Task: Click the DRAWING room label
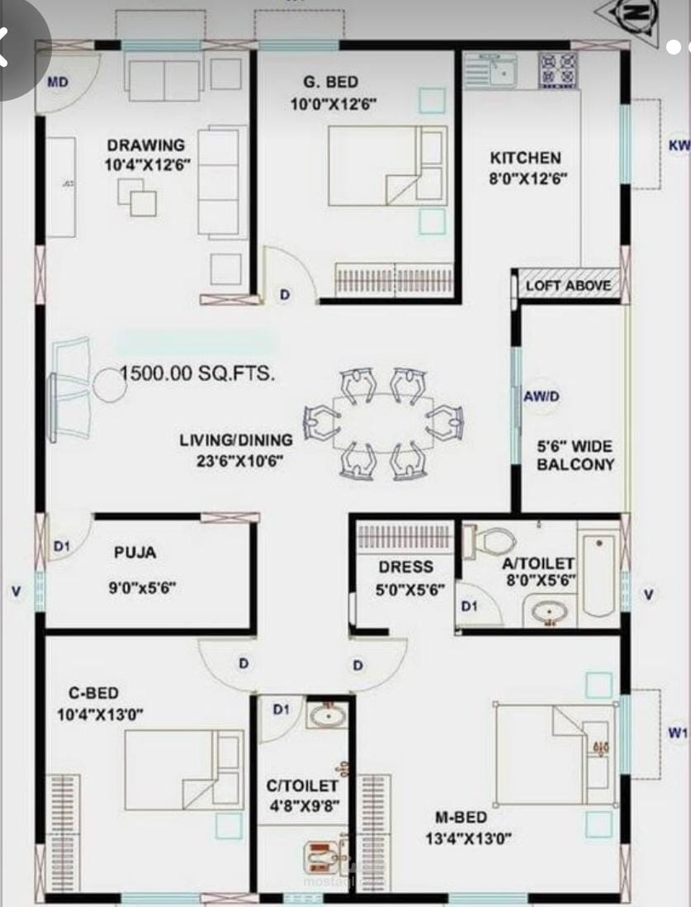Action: coord(146,145)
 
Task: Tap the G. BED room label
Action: coord(331,83)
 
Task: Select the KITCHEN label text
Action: coord(526,158)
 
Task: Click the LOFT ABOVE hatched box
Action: coord(569,285)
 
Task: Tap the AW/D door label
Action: coord(542,397)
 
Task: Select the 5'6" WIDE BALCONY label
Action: coord(575,455)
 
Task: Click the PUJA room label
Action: coord(135,553)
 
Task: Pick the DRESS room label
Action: coord(406,567)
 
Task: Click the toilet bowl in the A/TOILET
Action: coord(490,542)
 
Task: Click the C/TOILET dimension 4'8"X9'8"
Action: coord(304,805)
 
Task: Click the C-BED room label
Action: coord(93,693)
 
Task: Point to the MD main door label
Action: coord(58,82)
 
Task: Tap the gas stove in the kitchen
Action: coord(558,70)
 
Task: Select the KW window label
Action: coord(679,145)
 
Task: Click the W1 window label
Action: coord(678,733)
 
